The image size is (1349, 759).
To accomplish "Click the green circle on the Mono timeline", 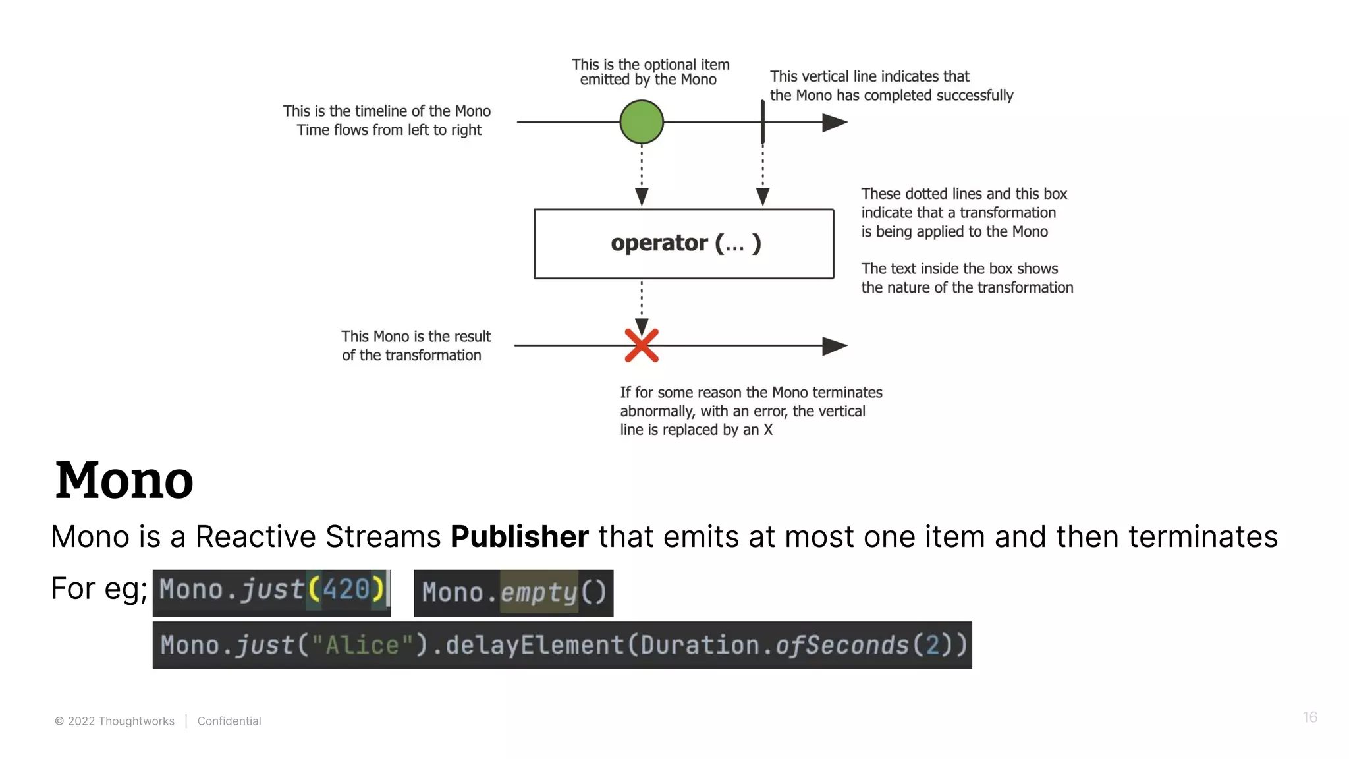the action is pyautogui.click(x=642, y=122).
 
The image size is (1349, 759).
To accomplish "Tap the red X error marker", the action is pyautogui.click(x=642, y=345).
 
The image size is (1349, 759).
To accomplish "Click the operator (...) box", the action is pyautogui.click(x=684, y=244).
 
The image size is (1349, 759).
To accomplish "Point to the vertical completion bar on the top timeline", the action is pyautogui.click(x=763, y=122).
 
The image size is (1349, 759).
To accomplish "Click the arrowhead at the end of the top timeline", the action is pyautogui.click(x=835, y=122).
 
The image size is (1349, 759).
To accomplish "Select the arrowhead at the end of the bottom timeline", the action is pyautogui.click(x=835, y=346).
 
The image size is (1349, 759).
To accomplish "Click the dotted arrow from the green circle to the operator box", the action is pyautogui.click(x=642, y=175).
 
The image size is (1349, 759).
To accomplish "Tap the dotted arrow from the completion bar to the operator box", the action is pyautogui.click(x=763, y=175).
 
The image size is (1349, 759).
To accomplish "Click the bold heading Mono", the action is pyautogui.click(x=124, y=480).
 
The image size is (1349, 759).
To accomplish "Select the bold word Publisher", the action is pyautogui.click(x=519, y=536).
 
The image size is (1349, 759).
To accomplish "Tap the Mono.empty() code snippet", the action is pyautogui.click(x=513, y=593).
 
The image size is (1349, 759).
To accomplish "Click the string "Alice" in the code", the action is pyautogui.click(x=362, y=645).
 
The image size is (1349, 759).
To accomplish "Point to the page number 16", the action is pyautogui.click(x=1309, y=717).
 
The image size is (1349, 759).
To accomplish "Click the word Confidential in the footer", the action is pyautogui.click(x=229, y=721).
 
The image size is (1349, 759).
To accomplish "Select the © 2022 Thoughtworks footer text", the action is pyautogui.click(x=115, y=721).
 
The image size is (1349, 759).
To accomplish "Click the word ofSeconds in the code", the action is pyautogui.click(x=842, y=645).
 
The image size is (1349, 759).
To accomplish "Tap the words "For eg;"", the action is pyautogui.click(x=99, y=588).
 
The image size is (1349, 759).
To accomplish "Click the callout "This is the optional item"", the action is pyautogui.click(x=650, y=65).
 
